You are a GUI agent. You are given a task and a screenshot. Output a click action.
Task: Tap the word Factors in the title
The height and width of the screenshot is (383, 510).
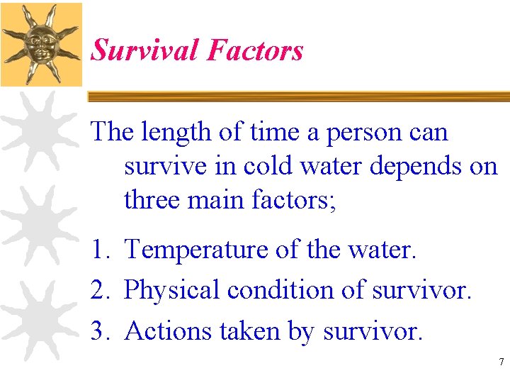click(x=255, y=50)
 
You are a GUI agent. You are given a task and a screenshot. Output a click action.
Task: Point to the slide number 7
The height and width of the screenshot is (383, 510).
click(x=501, y=362)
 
